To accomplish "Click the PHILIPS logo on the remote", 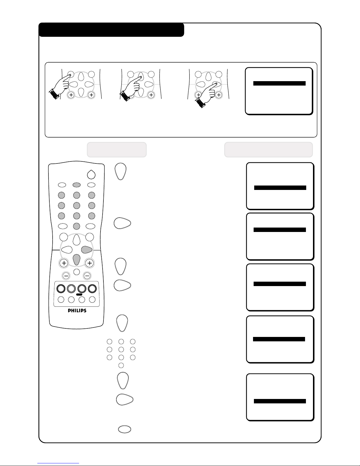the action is (77, 310).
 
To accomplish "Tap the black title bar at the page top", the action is (111, 30).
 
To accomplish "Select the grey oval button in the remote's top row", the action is (76, 185).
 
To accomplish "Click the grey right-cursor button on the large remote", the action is (87, 249).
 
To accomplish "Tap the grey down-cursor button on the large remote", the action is (76, 260).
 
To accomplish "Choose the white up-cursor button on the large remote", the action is (76, 240).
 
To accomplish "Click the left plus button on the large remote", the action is (64, 263).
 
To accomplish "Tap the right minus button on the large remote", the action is (87, 275).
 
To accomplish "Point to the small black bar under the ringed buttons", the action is (79, 294).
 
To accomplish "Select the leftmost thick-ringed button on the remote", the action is (61, 289).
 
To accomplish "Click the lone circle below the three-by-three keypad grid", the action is (121, 365).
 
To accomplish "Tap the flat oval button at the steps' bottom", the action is (125, 429).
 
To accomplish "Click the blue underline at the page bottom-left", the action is (58, 463).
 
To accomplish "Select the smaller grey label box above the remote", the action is (117, 150).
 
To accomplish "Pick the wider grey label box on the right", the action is (269, 150).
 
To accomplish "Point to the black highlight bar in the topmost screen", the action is (279, 83).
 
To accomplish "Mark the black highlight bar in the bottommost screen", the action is (280, 401).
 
